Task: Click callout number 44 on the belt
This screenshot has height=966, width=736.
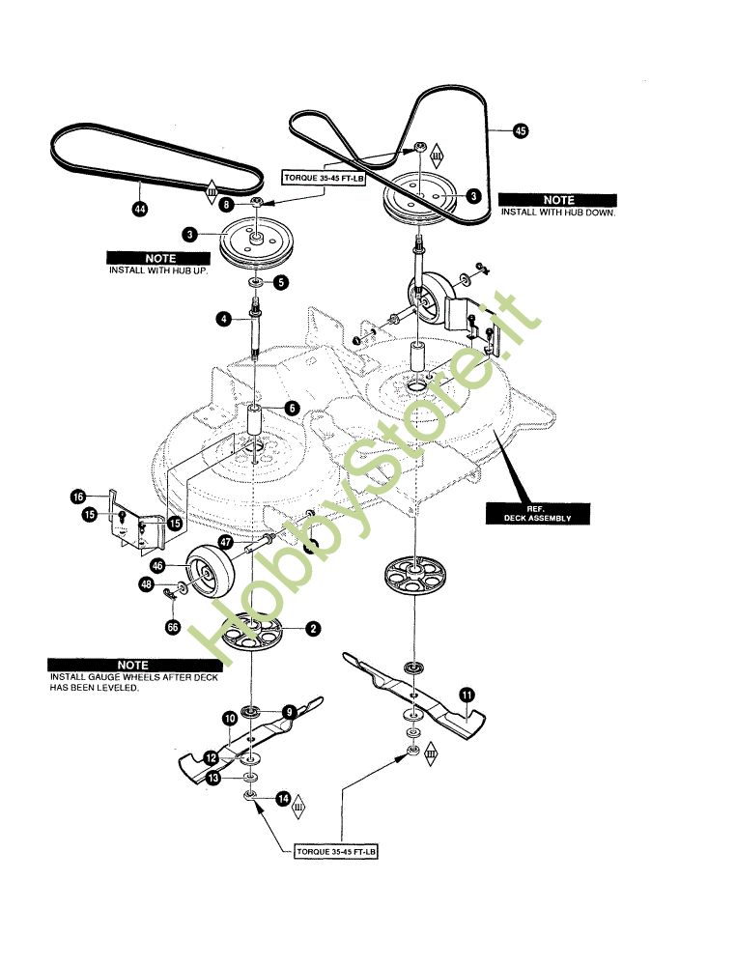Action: click(x=140, y=210)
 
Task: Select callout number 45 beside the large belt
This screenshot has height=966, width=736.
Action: click(x=521, y=131)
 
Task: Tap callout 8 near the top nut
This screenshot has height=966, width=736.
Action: click(x=226, y=205)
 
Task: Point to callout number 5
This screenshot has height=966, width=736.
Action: click(x=280, y=283)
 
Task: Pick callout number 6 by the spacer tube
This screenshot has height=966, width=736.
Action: click(x=292, y=409)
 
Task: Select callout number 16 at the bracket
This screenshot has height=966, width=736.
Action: click(x=77, y=497)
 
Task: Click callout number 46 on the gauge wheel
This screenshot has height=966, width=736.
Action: click(x=158, y=567)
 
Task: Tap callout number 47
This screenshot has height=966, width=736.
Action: click(x=224, y=543)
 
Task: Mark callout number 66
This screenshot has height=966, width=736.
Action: click(x=174, y=626)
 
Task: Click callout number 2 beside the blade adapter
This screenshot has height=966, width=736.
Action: click(x=312, y=629)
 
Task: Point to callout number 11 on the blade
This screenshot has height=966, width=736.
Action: click(x=467, y=694)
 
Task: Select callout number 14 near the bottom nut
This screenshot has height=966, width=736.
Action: click(x=283, y=799)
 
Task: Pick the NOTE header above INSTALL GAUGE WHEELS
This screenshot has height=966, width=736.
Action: click(x=132, y=665)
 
